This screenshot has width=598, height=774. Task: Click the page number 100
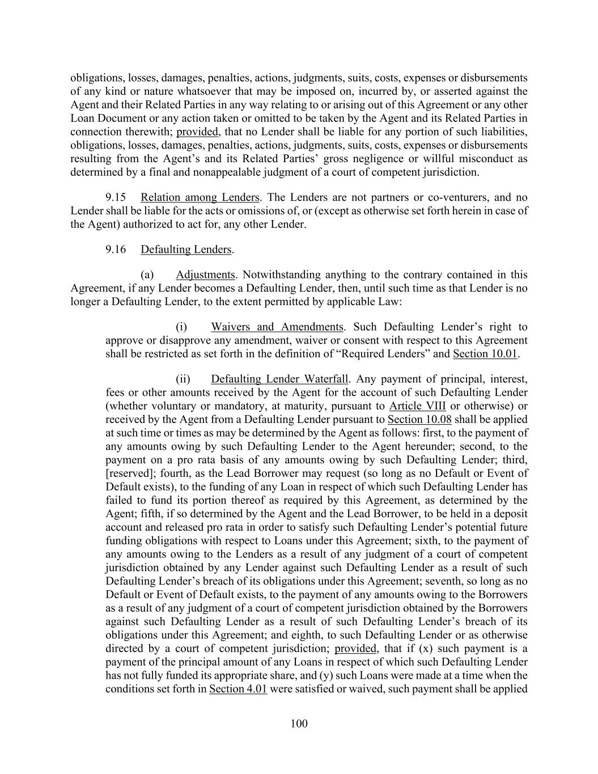[299, 723]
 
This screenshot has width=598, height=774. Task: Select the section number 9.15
[116, 197]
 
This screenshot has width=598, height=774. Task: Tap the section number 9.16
[116, 249]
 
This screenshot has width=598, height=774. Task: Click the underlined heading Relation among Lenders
[200, 197]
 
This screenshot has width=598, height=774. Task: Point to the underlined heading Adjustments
[205, 275]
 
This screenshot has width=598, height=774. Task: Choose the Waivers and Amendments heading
[277, 327]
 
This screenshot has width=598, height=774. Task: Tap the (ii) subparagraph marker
[183, 379]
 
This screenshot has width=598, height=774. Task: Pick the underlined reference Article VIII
[417, 406]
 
